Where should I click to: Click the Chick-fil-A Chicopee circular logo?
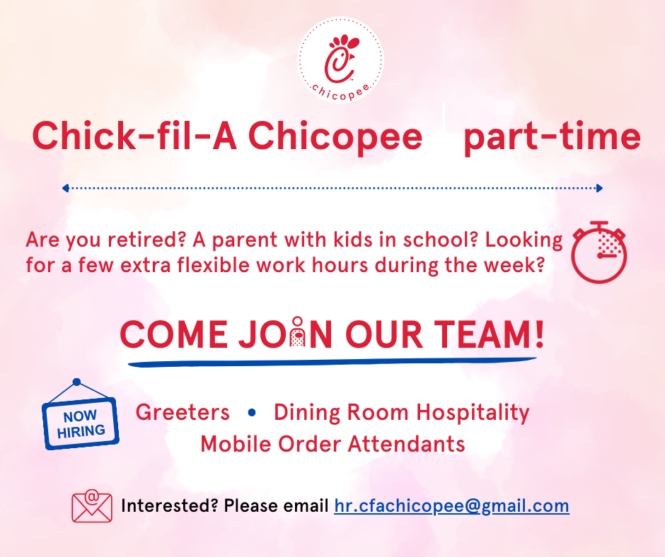[340, 60]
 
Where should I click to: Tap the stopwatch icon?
[598, 252]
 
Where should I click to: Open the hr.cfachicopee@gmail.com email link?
[451, 505]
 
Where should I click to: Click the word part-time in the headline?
[553, 136]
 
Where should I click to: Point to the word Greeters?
[183, 412]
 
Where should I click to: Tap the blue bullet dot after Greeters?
[252, 412]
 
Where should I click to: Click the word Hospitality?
[473, 413]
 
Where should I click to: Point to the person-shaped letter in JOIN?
[298, 332]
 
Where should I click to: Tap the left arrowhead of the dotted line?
[65, 188]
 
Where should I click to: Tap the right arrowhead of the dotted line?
[599, 188]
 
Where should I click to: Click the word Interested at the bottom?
[169, 505]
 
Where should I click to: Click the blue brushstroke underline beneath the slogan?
[332, 362]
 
